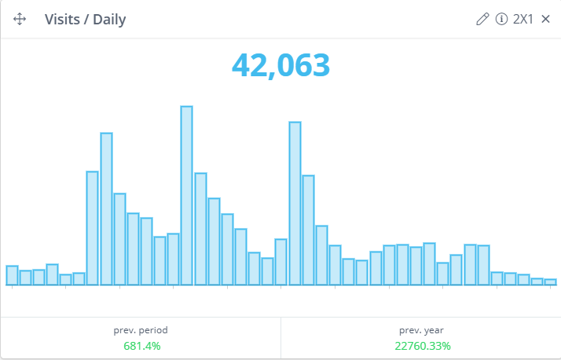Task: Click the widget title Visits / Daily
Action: [85, 20]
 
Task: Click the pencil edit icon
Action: [482, 19]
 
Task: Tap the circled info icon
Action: [501, 19]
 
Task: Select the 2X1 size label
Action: [522, 19]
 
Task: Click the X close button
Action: [545, 19]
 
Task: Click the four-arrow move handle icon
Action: [20, 20]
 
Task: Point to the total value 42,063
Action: [280, 65]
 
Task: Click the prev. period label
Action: [141, 330]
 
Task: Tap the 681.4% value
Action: [141, 346]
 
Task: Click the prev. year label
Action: [421, 330]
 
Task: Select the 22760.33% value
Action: [422, 346]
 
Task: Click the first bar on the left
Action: [12, 275]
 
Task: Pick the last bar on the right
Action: [550, 281]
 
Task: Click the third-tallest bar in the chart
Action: [106, 208]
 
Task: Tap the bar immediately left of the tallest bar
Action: [173, 259]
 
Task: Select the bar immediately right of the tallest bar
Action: [200, 228]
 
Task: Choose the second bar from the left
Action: [25, 277]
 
